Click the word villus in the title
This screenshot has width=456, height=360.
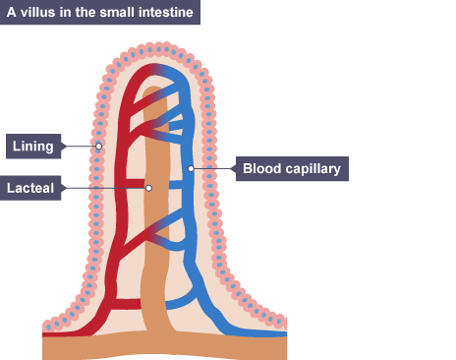pyautogui.click(x=37, y=12)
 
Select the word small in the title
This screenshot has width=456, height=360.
pyautogui.click(x=117, y=12)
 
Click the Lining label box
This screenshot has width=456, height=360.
pyautogui.click(x=33, y=147)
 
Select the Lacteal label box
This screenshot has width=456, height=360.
pyautogui.click(x=30, y=188)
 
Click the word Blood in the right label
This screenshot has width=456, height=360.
pyautogui.click(x=261, y=168)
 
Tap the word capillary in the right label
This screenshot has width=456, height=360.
pyautogui.click(x=313, y=169)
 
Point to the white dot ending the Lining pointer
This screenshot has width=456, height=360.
pyautogui.click(x=98, y=147)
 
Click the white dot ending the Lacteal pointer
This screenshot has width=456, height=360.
pyautogui.click(x=148, y=188)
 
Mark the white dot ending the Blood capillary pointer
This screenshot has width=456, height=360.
pyautogui.click(x=191, y=168)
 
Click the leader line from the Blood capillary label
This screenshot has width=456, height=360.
pyautogui.click(x=213, y=168)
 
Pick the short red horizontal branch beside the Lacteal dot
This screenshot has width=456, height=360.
pyautogui.click(x=135, y=184)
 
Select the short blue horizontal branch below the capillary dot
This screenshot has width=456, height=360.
pyautogui.click(x=175, y=184)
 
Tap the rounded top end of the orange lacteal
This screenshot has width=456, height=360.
pyautogui.click(x=154, y=90)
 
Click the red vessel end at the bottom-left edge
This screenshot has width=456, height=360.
pyautogui.click(x=44, y=334)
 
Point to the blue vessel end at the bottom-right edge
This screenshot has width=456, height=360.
pyautogui.click(x=286, y=334)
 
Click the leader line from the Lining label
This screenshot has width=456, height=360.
pyautogui.click(x=81, y=147)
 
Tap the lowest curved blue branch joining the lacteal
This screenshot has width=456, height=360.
pyautogui.click(x=181, y=302)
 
